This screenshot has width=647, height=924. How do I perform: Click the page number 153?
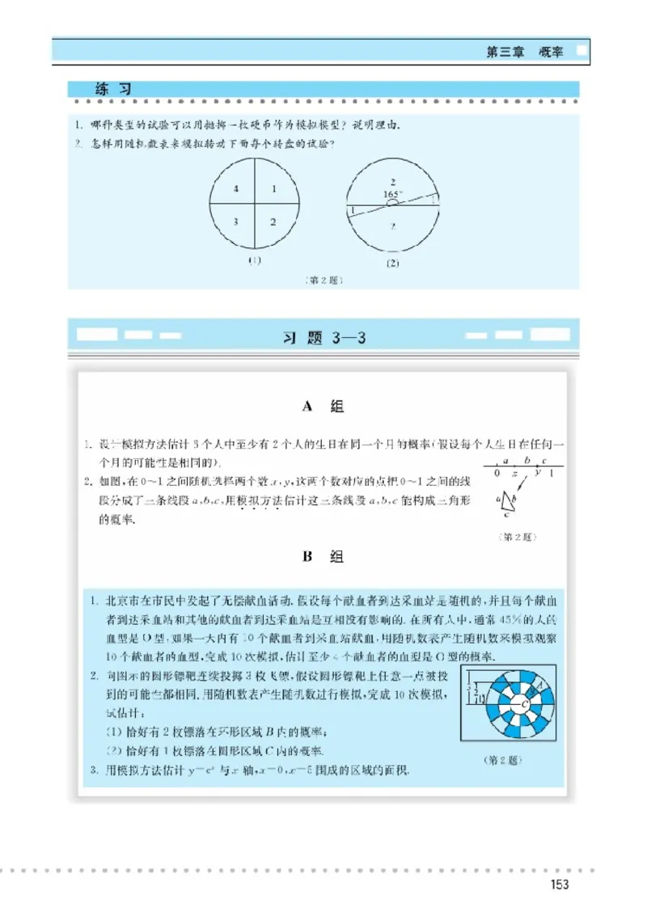pos(558,884)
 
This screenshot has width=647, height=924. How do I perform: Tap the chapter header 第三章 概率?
pos(525,52)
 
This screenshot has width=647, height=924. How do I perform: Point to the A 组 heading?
pos(322,407)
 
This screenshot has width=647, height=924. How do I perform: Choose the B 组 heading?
pos(322,556)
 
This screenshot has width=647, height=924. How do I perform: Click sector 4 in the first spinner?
pos(235,188)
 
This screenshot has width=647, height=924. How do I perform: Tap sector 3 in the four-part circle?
pos(235,221)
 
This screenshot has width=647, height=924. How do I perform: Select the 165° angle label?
pos(392,194)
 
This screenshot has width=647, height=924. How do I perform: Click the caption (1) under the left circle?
pos(255,260)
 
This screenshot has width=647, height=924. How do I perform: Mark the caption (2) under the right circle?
pos(393,264)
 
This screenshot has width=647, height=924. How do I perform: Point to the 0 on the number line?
pos(497,474)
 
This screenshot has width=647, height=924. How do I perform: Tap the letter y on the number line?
pos(537,472)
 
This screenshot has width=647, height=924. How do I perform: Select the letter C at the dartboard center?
pos(526,705)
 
